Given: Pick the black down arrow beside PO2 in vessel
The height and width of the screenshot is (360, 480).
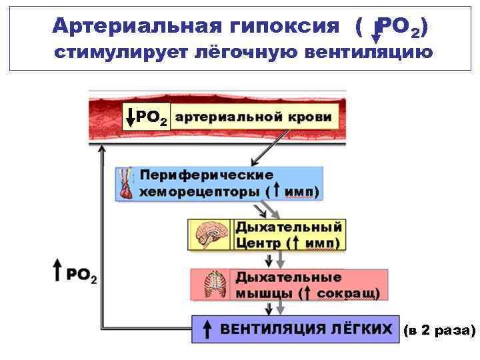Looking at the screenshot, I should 130,118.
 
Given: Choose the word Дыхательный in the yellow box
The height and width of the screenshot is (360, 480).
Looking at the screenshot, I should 289,227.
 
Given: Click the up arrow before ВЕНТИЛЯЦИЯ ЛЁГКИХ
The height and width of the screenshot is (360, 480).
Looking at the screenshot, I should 207,329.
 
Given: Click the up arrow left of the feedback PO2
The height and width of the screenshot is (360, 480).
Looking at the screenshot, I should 58,272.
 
